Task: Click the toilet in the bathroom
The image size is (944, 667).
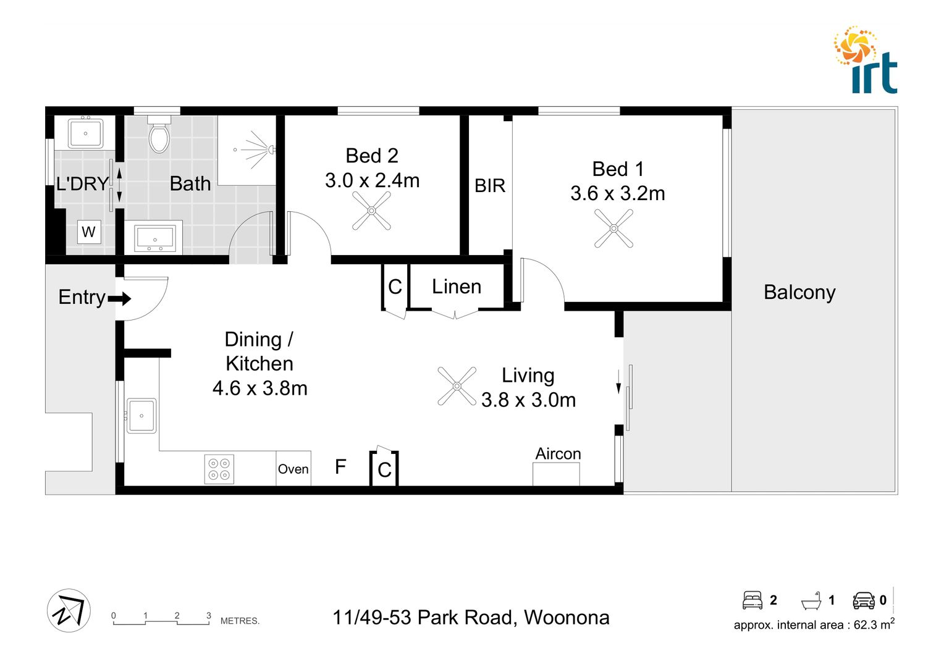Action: [x=159, y=136]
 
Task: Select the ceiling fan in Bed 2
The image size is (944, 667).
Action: [x=371, y=211]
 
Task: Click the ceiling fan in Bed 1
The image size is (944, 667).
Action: [x=613, y=229]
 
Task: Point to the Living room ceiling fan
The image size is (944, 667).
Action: [x=457, y=386]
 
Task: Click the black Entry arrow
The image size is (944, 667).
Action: [x=120, y=299]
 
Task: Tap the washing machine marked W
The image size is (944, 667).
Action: [x=88, y=232]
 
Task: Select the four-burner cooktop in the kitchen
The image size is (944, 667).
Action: [x=219, y=469]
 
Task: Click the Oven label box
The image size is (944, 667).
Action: [x=293, y=469]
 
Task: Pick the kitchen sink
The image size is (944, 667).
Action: [x=141, y=416]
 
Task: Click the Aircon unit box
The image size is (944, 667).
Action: [x=556, y=474]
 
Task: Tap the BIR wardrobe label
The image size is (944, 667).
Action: [x=490, y=185]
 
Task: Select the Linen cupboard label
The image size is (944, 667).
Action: [x=457, y=287]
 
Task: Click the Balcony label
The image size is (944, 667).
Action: [x=799, y=292]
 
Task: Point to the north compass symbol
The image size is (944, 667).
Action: [x=69, y=610]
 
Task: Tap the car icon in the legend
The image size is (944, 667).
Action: [x=864, y=600]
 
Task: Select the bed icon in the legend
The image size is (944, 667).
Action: [x=752, y=600]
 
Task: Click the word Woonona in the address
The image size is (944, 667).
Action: [x=567, y=618]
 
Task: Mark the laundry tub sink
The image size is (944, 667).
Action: [x=85, y=133]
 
